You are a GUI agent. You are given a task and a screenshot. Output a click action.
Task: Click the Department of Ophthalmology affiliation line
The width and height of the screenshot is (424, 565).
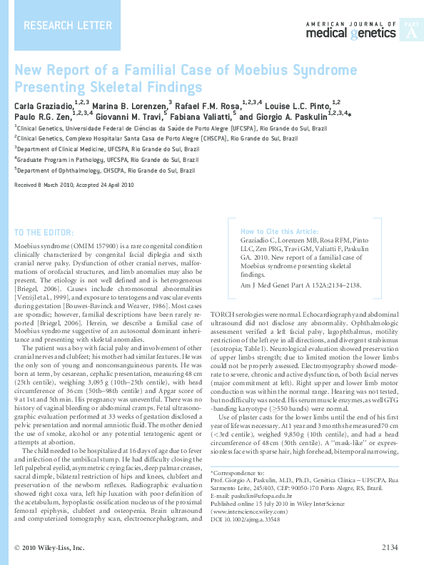106,170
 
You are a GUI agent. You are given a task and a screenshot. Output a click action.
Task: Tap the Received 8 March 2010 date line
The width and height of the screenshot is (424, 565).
74,185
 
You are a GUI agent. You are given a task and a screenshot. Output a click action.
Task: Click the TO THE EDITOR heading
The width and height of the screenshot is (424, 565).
44,233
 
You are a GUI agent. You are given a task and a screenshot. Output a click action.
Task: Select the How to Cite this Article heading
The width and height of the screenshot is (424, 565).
279,232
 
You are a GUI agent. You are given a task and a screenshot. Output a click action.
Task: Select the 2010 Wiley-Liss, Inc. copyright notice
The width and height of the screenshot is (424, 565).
50,548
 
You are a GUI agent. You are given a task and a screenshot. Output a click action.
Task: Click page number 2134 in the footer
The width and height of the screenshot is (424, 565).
390,548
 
